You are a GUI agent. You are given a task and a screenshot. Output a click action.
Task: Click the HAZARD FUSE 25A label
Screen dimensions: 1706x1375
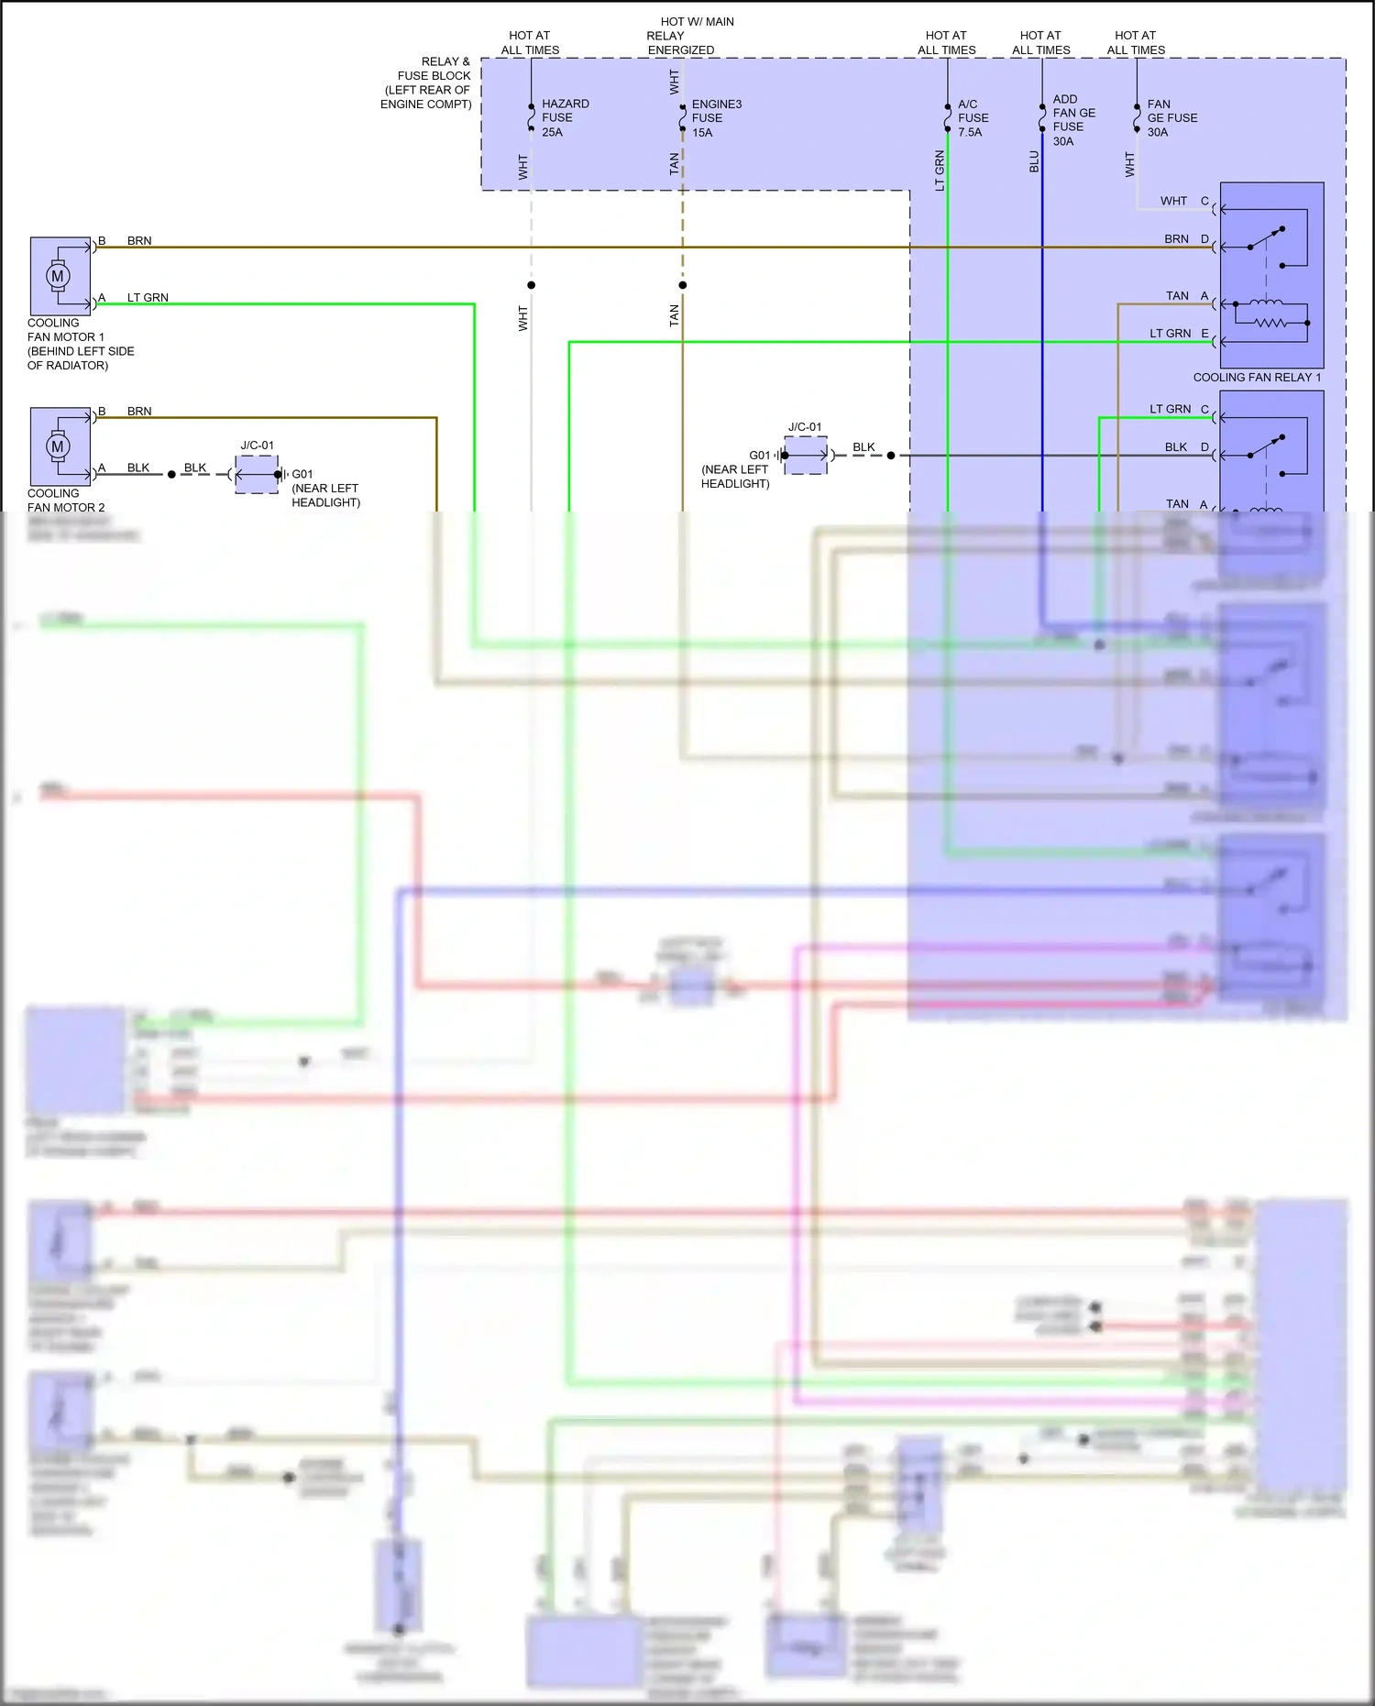[x=564, y=117]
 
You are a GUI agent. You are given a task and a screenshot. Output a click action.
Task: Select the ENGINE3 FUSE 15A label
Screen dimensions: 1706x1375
[x=715, y=118]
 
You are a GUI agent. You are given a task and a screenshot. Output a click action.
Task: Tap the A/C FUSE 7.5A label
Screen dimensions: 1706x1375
[x=973, y=118]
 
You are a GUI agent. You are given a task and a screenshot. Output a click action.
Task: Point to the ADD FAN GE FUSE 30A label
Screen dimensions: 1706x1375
[x=1072, y=119]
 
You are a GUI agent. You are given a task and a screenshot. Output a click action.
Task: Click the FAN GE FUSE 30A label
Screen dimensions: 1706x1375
[x=1171, y=118]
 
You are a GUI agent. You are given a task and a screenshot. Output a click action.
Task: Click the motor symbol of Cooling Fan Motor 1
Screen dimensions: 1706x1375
[x=58, y=276]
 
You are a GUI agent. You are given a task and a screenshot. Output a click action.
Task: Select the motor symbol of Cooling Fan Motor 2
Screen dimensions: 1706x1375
[x=58, y=446]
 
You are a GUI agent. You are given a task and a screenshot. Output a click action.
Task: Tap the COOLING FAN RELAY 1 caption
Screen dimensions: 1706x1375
[x=1256, y=378]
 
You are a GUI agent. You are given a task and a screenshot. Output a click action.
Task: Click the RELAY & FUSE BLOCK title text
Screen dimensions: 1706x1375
[x=427, y=83]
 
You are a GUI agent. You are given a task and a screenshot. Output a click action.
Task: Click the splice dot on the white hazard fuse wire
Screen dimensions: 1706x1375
[x=532, y=285]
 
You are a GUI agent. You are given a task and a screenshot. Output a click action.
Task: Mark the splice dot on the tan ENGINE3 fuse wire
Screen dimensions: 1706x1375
[x=683, y=285]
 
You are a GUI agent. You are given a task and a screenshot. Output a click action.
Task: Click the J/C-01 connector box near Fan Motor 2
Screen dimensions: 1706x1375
[x=257, y=475]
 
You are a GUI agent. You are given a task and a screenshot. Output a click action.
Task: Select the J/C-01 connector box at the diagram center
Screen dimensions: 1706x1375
[x=806, y=456]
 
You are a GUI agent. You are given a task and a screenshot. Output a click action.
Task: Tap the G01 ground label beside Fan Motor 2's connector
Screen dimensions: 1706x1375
[x=302, y=474]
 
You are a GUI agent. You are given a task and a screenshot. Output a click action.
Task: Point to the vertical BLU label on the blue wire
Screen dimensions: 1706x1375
[x=1034, y=162]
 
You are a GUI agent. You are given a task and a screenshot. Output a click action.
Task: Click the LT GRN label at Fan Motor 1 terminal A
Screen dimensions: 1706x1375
[x=147, y=298]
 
